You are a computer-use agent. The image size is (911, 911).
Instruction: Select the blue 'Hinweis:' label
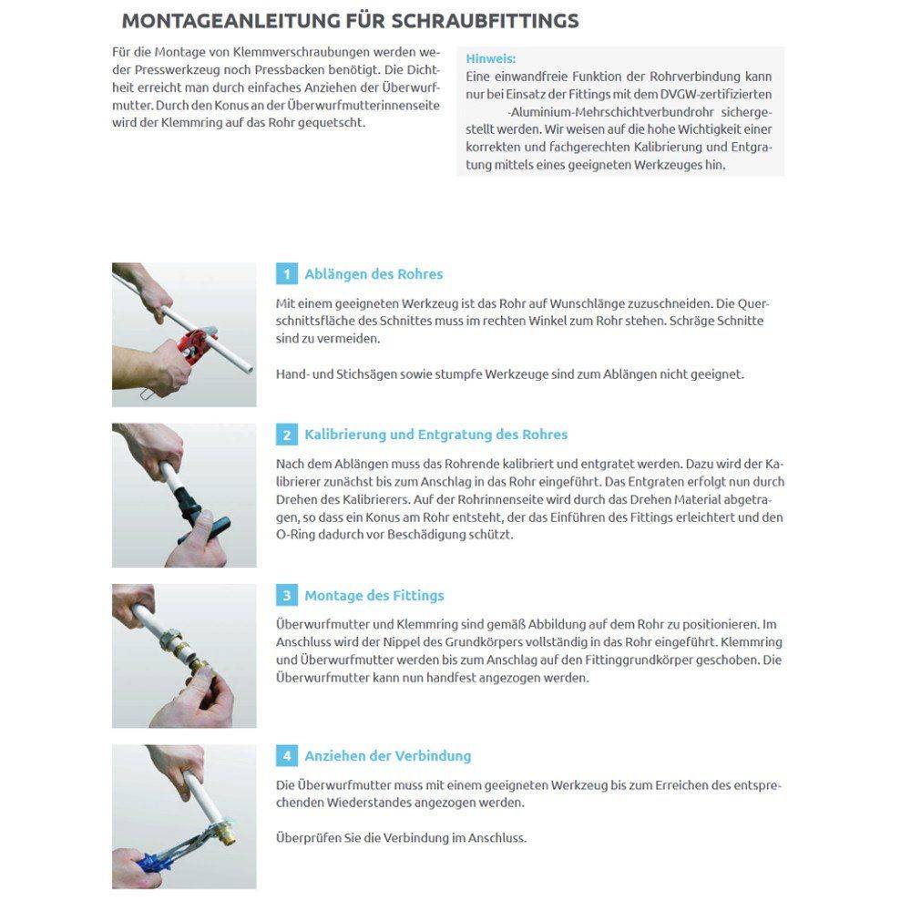coord(490,58)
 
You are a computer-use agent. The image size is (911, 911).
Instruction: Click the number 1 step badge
coord(287,274)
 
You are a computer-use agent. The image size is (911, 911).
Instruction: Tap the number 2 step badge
coord(287,435)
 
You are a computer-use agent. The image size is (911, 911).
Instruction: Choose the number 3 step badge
coord(287,596)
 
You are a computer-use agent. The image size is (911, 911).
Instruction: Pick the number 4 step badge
coord(287,756)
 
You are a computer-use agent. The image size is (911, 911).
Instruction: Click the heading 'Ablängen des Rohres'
coord(374,274)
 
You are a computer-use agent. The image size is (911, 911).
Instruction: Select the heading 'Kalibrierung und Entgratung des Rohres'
coord(435,435)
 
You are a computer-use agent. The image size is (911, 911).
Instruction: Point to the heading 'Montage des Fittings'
coord(374,596)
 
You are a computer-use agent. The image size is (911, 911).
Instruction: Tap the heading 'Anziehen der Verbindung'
coord(387,756)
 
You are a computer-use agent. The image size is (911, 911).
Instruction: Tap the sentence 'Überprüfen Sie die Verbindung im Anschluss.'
coord(401,838)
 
